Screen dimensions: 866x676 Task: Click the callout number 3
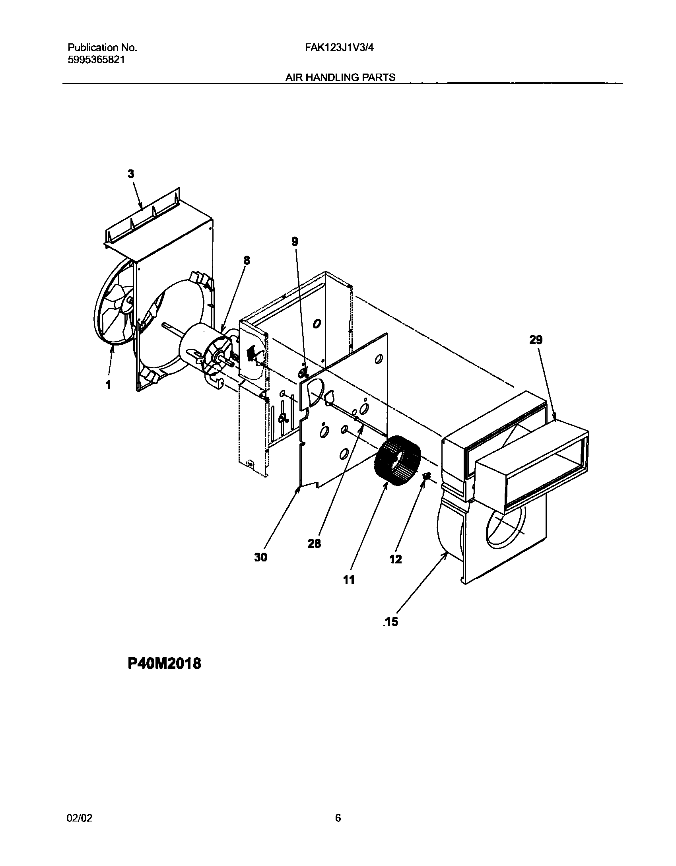point(131,174)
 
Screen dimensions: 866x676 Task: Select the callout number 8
point(247,260)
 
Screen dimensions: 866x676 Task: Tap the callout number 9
point(295,241)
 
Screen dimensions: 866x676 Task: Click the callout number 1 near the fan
point(108,385)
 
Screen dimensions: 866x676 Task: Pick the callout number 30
point(260,557)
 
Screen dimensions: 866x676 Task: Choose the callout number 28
point(314,544)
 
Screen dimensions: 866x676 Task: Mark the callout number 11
point(349,580)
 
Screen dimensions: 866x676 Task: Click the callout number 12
point(396,559)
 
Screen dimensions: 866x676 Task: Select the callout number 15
point(391,622)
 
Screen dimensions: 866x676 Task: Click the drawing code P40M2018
point(164,663)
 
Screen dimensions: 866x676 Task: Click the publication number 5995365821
point(96,60)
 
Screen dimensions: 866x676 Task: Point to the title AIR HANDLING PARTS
point(340,78)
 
